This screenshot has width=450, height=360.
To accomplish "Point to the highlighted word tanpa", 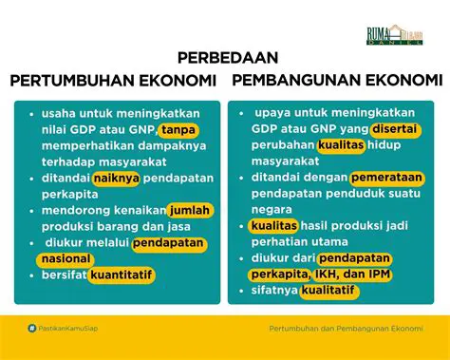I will pyautogui.click(x=178, y=130).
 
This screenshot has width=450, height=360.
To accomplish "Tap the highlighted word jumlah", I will pyautogui.click(x=191, y=210).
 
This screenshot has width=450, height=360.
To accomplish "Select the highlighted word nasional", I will pyautogui.click(x=66, y=258).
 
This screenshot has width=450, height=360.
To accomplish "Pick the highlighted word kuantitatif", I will pyautogui.click(x=121, y=275).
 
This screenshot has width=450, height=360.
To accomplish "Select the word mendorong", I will pyautogui.click(x=72, y=210).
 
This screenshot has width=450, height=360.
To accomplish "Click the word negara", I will pyautogui.click(x=271, y=210).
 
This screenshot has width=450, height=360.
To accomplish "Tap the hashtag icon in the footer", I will pyautogui.click(x=32, y=329).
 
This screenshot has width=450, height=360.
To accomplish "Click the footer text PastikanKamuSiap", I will pyautogui.click(x=69, y=329).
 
